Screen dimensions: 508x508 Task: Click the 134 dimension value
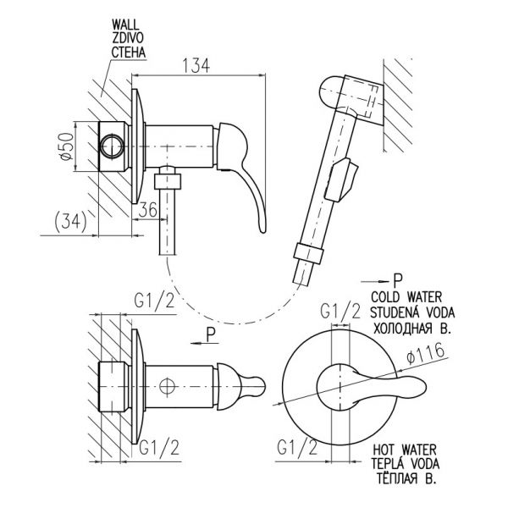[196, 65]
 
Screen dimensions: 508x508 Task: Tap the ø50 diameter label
[67, 146]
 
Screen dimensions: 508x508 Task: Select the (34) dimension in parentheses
[70, 222]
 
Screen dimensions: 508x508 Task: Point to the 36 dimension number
[147, 210]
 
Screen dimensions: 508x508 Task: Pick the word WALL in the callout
[125, 25]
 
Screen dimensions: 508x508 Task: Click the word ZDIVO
[127, 38]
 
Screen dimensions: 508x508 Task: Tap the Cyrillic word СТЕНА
[129, 52]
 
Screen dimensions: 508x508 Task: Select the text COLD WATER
[406, 297]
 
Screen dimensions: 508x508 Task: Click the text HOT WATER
[405, 450]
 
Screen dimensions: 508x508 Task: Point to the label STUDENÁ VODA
[412, 312]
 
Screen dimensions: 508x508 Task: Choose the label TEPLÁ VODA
[406, 463]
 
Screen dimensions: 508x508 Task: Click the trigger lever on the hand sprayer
[341, 179]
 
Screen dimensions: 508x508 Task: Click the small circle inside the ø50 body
[112, 146]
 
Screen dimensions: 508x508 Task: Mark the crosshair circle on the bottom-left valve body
[167, 386]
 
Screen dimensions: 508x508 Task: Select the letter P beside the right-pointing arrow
[398, 280]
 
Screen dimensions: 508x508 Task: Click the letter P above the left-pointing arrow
[211, 334]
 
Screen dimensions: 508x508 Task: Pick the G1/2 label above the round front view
[340, 312]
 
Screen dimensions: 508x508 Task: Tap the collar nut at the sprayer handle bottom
[308, 251]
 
